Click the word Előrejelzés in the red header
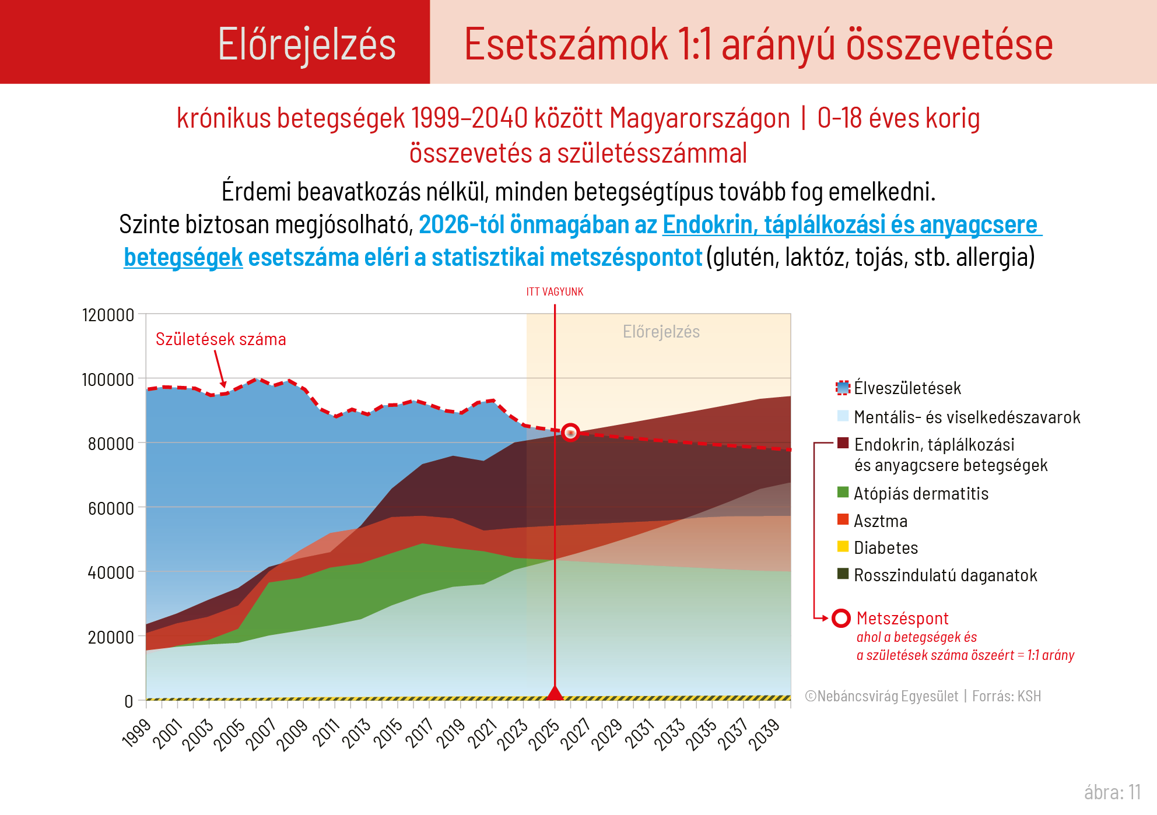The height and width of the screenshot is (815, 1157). click(307, 44)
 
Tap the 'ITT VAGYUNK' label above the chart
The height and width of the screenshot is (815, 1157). click(555, 291)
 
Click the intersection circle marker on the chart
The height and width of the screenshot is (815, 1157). click(570, 432)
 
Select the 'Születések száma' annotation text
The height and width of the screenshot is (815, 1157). click(220, 339)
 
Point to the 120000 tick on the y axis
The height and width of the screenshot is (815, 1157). click(108, 315)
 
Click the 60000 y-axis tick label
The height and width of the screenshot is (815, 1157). click(111, 508)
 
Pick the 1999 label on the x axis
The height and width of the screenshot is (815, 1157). click(136, 733)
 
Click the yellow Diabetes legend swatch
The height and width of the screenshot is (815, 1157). click(843, 547)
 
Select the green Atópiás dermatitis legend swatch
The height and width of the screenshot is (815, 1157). click(843, 493)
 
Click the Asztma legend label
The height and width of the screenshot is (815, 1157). click(881, 521)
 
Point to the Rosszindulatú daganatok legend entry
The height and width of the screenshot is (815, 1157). click(945, 575)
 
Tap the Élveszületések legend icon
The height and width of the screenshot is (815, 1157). click(843, 388)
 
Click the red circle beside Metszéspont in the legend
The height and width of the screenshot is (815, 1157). click(841, 618)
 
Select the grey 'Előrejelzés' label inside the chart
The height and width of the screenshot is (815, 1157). click(661, 332)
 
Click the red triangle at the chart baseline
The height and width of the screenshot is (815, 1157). click(555, 693)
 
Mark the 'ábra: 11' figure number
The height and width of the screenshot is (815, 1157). click(1112, 792)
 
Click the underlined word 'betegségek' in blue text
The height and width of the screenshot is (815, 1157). click(183, 257)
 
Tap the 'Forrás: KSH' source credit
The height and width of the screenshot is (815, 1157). click(1007, 696)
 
